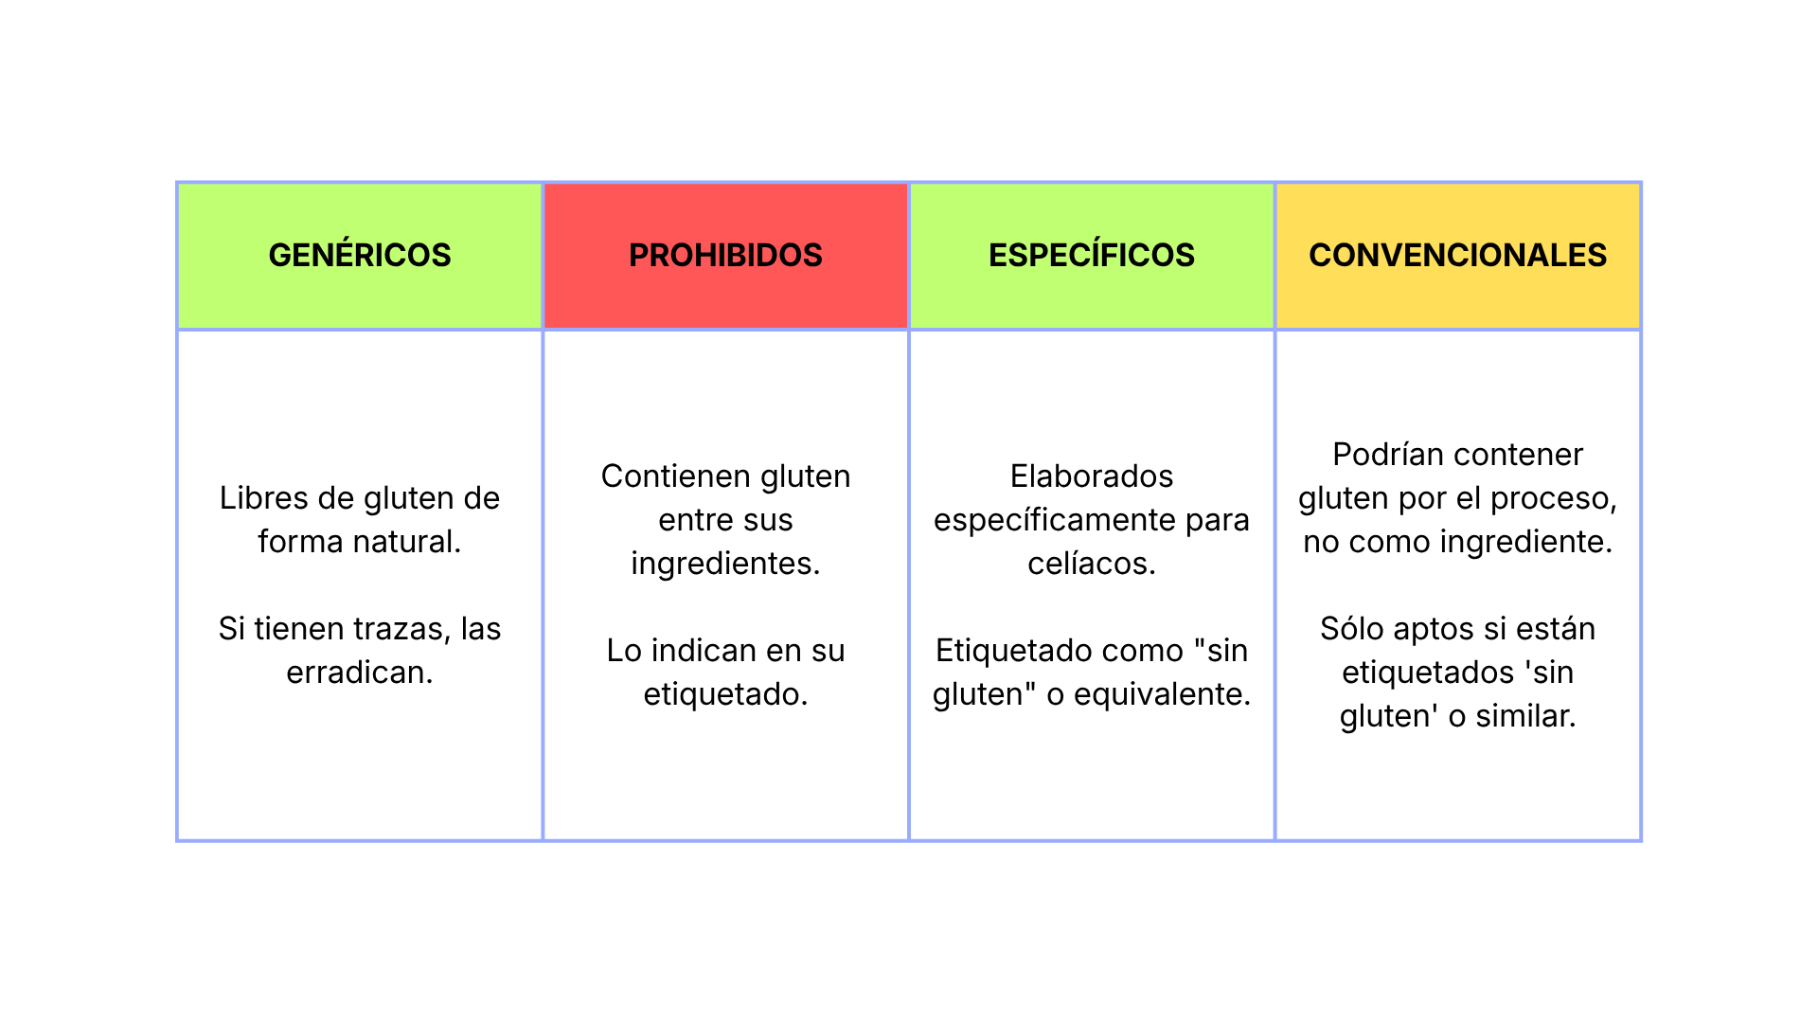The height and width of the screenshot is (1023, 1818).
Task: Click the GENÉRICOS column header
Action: [x=360, y=255]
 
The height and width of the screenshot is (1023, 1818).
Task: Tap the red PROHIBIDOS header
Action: [x=725, y=255]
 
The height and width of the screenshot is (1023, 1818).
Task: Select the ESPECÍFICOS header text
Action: [x=1092, y=255]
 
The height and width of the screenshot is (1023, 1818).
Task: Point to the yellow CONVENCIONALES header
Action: [x=1458, y=255]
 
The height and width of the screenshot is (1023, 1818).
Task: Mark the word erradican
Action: [x=360, y=672]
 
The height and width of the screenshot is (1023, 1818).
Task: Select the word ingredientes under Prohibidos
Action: [x=725, y=564]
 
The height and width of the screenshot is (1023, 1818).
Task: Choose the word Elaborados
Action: [x=1092, y=476]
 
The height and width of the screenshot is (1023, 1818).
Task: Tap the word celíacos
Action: [x=1092, y=564]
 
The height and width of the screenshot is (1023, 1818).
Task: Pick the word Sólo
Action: [x=1352, y=628]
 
